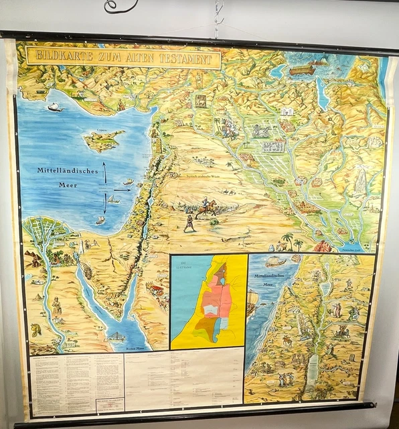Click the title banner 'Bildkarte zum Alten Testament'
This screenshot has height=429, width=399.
point(123,57)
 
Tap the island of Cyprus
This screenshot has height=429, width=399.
point(103,140)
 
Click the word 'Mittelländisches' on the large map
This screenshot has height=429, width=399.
point(68,172)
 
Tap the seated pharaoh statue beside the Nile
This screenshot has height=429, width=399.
point(57,306)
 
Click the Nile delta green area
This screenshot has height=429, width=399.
point(47,231)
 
